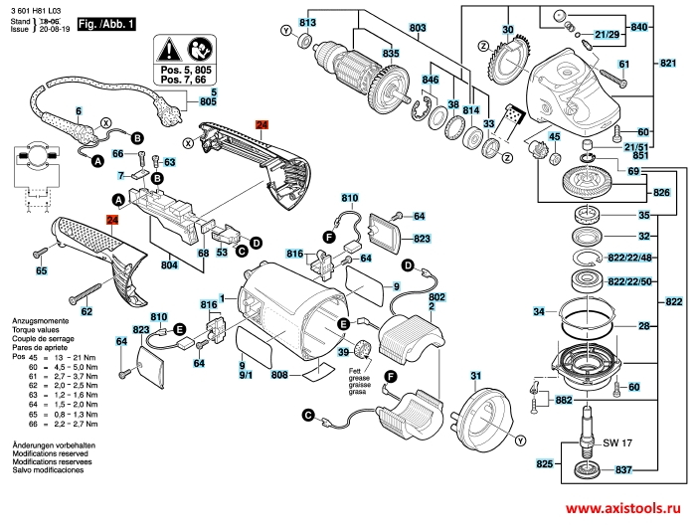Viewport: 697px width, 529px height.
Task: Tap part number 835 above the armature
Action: [x=392, y=53]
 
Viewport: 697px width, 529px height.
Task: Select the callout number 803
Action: [x=418, y=26]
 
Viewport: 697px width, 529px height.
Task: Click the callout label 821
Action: [x=668, y=64]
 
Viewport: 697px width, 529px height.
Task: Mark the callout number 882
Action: [x=563, y=399]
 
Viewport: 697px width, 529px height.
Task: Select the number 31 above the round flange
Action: [x=475, y=375]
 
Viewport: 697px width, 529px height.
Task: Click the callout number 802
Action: [x=436, y=297]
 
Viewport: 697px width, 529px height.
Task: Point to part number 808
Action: [x=279, y=375]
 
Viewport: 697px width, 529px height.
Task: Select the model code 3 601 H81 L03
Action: [x=36, y=9]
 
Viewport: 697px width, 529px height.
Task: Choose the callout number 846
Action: [x=430, y=80]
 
